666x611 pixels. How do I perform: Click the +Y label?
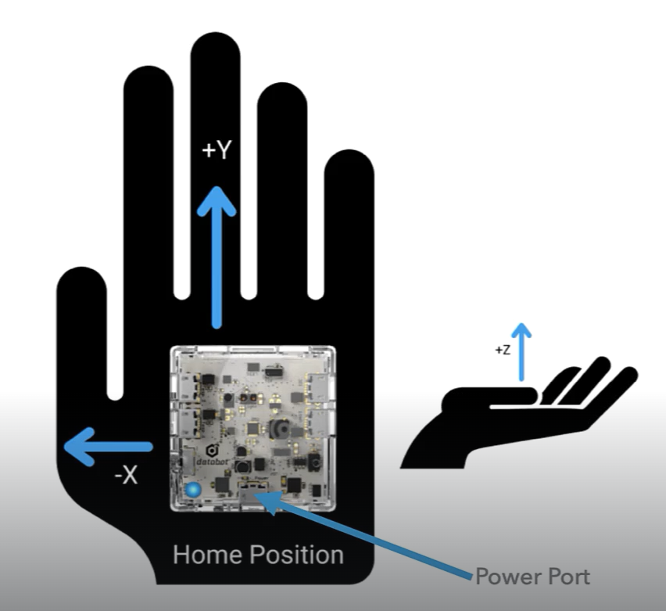217,151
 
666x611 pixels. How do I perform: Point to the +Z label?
503,350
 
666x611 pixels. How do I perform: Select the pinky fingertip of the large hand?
349,160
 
